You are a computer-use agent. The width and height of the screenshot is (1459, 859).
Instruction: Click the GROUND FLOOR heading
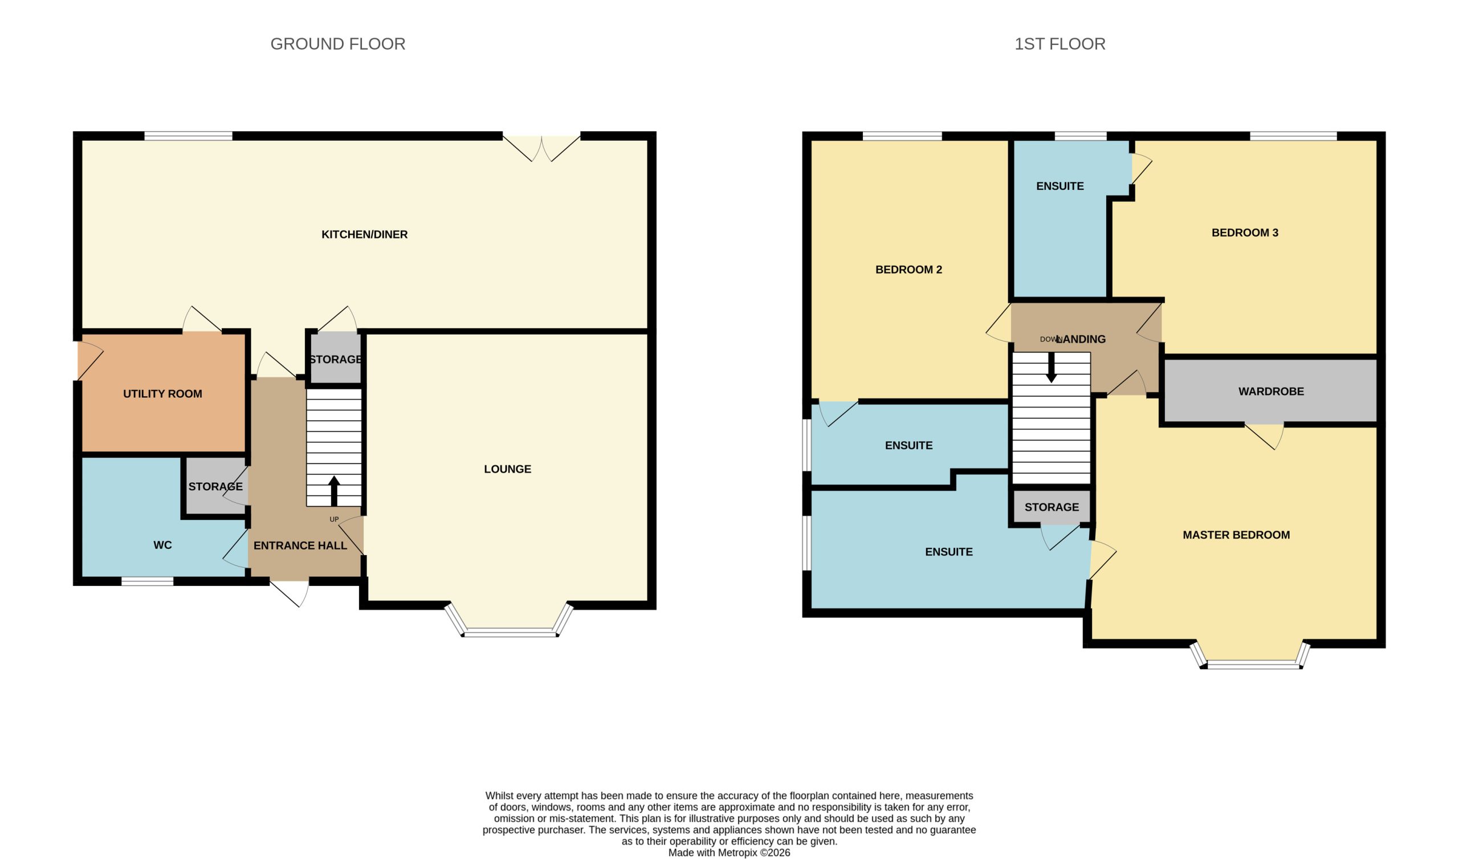[337, 44]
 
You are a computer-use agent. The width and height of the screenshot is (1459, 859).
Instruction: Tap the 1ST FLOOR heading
[1059, 44]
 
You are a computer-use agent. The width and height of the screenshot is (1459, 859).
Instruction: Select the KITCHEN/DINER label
[365, 235]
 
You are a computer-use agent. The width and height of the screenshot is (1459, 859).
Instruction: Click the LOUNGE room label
[507, 469]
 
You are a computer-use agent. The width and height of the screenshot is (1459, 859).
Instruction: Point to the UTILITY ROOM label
[162, 394]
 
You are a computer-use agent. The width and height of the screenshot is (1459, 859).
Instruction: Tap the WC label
[162, 545]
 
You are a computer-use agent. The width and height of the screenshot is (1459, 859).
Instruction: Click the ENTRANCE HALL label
[300, 545]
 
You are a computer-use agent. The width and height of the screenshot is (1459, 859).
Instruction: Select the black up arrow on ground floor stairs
[334, 491]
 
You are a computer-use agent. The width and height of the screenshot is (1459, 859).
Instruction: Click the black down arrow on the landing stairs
[1052, 367]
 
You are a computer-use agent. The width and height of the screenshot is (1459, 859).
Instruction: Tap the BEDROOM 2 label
[908, 270]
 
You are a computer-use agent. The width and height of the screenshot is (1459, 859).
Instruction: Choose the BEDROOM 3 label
[1245, 233]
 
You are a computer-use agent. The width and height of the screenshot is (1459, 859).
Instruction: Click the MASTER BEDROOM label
[1236, 535]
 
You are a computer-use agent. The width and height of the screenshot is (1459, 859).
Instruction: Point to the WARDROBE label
[1271, 392]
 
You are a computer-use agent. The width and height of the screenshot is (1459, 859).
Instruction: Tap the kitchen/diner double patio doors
[541, 148]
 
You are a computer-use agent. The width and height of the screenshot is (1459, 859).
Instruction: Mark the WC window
[147, 581]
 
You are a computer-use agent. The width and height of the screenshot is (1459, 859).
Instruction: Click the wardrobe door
[1264, 435]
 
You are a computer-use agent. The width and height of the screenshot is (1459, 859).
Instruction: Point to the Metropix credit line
[729, 853]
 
